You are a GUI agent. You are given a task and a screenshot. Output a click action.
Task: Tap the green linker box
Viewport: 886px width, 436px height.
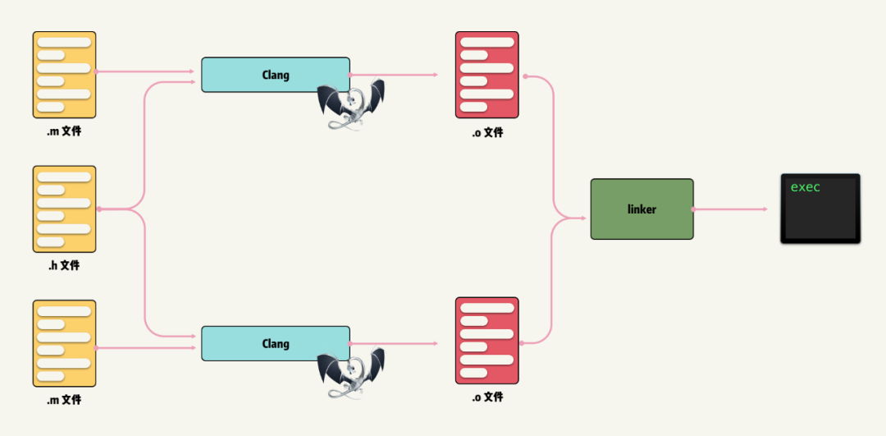click(x=642, y=209)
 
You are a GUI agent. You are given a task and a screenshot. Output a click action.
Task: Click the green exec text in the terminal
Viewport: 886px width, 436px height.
click(x=805, y=187)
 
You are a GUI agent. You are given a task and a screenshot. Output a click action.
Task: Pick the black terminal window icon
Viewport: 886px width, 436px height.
click(x=820, y=209)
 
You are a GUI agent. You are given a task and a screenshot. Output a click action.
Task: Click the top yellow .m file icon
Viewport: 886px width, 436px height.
click(x=64, y=75)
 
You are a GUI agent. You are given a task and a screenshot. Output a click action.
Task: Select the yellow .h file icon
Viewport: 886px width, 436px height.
click(x=64, y=209)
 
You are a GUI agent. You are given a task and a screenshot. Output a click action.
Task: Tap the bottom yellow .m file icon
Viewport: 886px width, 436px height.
click(x=64, y=343)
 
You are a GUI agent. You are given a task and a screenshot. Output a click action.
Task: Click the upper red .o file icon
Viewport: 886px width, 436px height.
click(x=486, y=75)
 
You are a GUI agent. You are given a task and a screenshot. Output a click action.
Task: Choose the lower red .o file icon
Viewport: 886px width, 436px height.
click(x=486, y=340)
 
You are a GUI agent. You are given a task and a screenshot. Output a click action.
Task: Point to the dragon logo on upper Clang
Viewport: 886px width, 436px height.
click(x=351, y=103)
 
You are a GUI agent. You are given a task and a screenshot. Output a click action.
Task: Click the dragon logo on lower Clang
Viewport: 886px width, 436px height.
click(x=351, y=372)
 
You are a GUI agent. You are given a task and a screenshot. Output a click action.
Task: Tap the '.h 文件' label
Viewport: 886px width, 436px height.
click(x=64, y=265)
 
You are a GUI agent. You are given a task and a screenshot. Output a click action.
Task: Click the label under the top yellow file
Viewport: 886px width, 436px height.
click(x=64, y=131)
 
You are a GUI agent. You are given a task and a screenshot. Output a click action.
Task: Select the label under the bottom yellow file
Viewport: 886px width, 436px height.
click(x=64, y=400)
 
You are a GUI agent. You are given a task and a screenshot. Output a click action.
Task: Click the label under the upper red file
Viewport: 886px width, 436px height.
click(x=486, y=131)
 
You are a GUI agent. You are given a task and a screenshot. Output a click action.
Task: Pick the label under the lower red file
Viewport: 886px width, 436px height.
click(x=486, y=397)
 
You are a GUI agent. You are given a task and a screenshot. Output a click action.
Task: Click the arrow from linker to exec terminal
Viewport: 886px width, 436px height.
click(x=730, y=209)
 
